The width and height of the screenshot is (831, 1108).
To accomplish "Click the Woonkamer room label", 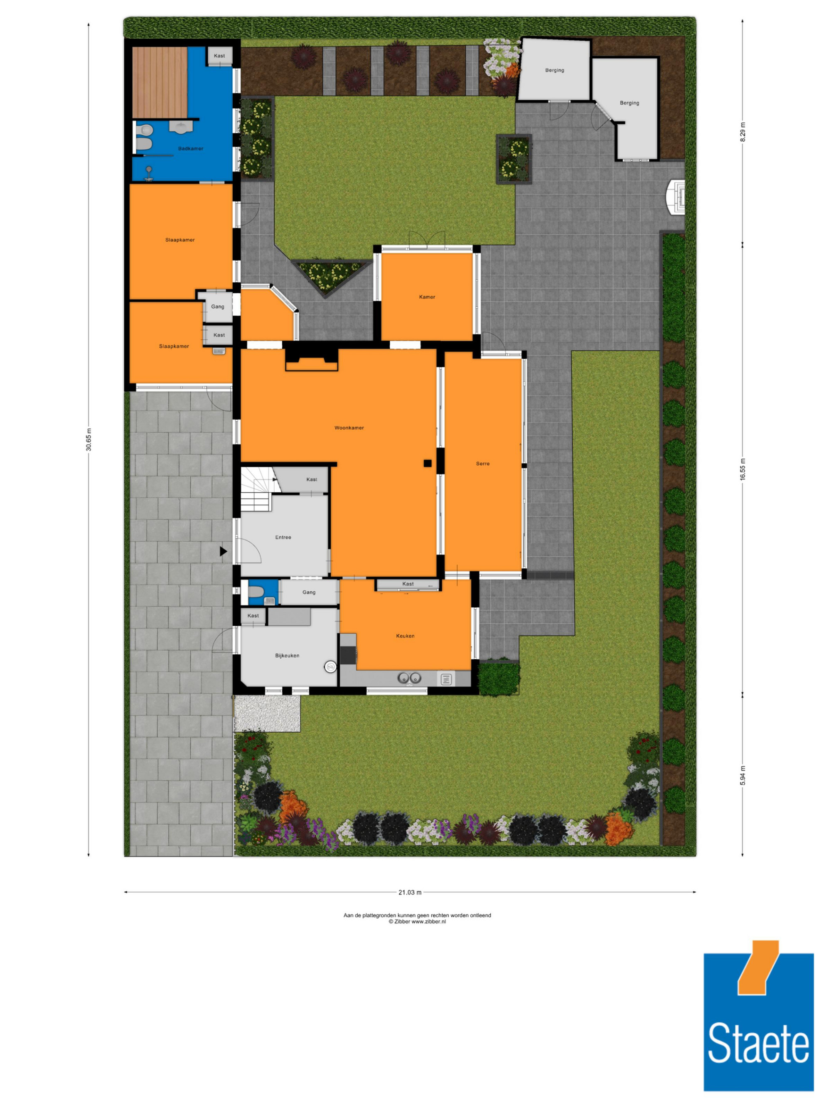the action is tap(349, 428).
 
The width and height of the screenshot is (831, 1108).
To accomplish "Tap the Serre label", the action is tap(482, 463).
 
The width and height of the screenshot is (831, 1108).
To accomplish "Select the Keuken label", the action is tap(405, 636).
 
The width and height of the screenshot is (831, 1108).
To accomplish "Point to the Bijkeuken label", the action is tap(287, 655).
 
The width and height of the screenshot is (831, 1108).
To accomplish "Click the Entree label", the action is tap(283, 537).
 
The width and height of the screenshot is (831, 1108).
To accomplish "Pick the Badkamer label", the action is tap(191, 148).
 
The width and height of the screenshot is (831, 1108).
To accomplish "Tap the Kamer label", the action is tap(427, 297).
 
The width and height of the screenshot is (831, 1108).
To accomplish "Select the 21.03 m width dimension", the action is tap(410, 892).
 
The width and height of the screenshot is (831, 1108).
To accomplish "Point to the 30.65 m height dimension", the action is tap(89, 439).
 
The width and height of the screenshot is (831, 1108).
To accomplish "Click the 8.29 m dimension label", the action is tap(742, 132).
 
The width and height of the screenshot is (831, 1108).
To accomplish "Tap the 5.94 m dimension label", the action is tap(742, 775).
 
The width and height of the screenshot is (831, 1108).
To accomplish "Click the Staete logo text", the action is tap(758, 1043).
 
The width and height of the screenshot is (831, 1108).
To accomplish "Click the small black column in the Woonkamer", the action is tap(427, 463).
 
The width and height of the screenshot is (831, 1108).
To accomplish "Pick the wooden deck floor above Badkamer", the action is tap(160, 83).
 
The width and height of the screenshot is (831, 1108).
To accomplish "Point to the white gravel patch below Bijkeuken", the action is tap(267, 713).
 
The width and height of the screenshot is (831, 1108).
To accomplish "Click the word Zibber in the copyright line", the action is tap(402, 921).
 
